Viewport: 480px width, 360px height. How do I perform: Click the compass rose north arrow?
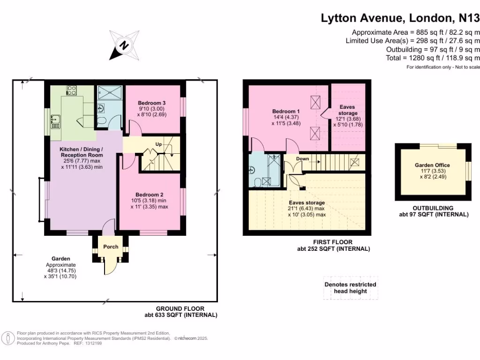coord(124,45)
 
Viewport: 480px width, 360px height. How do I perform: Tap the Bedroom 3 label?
coord(151,103)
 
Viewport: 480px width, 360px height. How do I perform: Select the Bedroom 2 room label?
coord(150,195)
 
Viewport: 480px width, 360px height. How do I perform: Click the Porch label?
coord(111,247)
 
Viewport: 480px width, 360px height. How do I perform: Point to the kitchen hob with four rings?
coord(72,90)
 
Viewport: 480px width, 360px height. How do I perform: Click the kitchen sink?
coord(55,122)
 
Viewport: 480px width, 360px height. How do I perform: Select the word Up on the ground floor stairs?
coord(158,144)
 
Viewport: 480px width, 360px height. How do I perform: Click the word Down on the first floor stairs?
coord(302,159)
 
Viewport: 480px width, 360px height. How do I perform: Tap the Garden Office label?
coord(432,165)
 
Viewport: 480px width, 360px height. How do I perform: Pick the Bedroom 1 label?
coord(286,112)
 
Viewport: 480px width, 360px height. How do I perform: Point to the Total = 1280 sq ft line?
coord(433,58)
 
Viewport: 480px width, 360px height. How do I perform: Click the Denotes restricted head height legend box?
coord(351,288)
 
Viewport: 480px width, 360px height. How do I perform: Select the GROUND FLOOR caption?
coord(180,308)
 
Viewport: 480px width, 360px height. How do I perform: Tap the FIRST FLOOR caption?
coord(333,242)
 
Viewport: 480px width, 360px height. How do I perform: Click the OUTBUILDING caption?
coord(433,208)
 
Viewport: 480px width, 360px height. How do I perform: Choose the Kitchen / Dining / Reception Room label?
coord(81,152)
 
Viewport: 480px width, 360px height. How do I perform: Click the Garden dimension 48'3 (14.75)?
coord(61,270)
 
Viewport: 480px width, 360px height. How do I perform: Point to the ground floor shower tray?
coord(110,93)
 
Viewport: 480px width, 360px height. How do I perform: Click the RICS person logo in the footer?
coord(8,338)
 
